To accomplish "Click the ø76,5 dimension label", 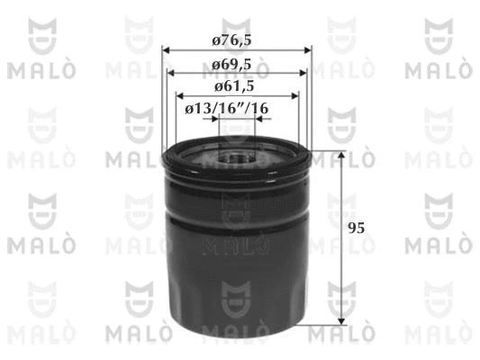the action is point(231,40).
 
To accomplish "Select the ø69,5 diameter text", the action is point(231,65).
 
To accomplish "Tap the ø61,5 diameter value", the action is point(234,86).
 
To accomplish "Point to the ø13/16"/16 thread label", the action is point(227,109).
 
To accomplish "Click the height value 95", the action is point(357,229).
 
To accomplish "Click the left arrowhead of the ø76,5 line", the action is point(166,50).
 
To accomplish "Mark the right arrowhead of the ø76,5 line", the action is point(307,50).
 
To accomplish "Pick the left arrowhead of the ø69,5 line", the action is point(171,73).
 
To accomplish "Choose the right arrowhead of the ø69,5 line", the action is point(303,73).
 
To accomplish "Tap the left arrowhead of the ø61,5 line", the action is point(180,96).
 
